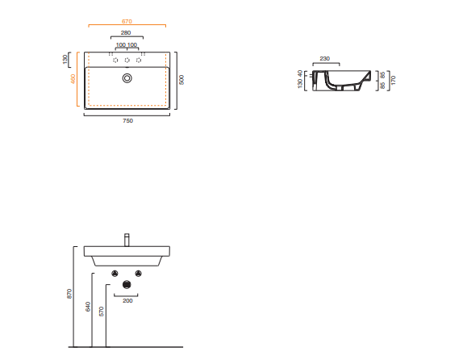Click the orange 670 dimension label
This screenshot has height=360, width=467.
coord(127,22)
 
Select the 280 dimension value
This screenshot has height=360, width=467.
coord(126,33)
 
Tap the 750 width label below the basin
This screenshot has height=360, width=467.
coord(127,121)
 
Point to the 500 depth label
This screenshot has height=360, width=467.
coord(181,80)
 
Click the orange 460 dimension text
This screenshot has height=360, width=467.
coord(73,79)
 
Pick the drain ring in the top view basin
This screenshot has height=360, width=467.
coord(127,78)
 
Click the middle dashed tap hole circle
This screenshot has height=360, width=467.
coord(127,61)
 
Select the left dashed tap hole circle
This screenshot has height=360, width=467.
coord(115,61)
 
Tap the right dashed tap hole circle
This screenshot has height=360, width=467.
coord(139,61)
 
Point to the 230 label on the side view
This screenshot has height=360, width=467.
coord(324,59)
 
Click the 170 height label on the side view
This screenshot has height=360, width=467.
coord(393,80)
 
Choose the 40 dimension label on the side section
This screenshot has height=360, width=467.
coord(300,73)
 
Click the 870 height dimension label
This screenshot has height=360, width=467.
coord(69,294)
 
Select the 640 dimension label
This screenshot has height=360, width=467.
coord(88,307)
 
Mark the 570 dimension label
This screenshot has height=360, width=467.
coord(102,312)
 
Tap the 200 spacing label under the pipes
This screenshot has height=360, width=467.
coord(127,301)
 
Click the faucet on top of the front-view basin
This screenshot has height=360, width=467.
coord(127,240)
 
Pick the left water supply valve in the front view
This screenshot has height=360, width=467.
coord(115,274)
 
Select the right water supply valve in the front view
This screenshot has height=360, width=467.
coord(138,274)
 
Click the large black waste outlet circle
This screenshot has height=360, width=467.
coord(127,285)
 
